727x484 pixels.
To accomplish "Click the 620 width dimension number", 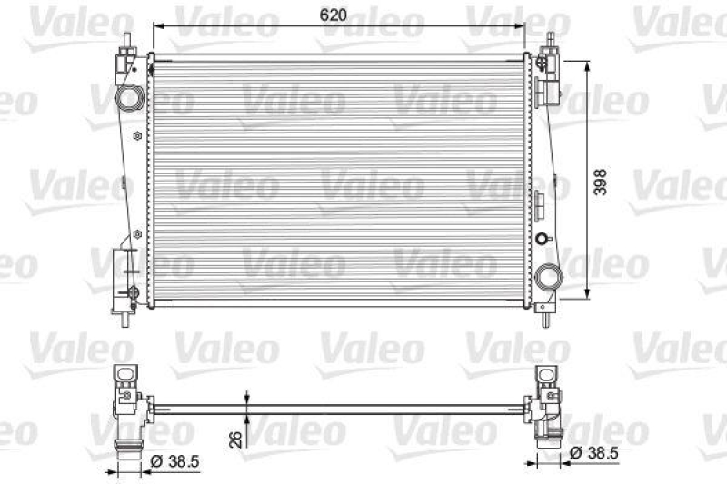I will click(x=334, y=15).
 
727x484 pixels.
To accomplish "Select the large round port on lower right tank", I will click(x=548, y=277).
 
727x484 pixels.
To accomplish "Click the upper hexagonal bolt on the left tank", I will click(x=136, y=136).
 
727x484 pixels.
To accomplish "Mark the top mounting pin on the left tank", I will click(x=128, y=43).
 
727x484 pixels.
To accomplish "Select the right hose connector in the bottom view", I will click(x=549, y=441).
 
